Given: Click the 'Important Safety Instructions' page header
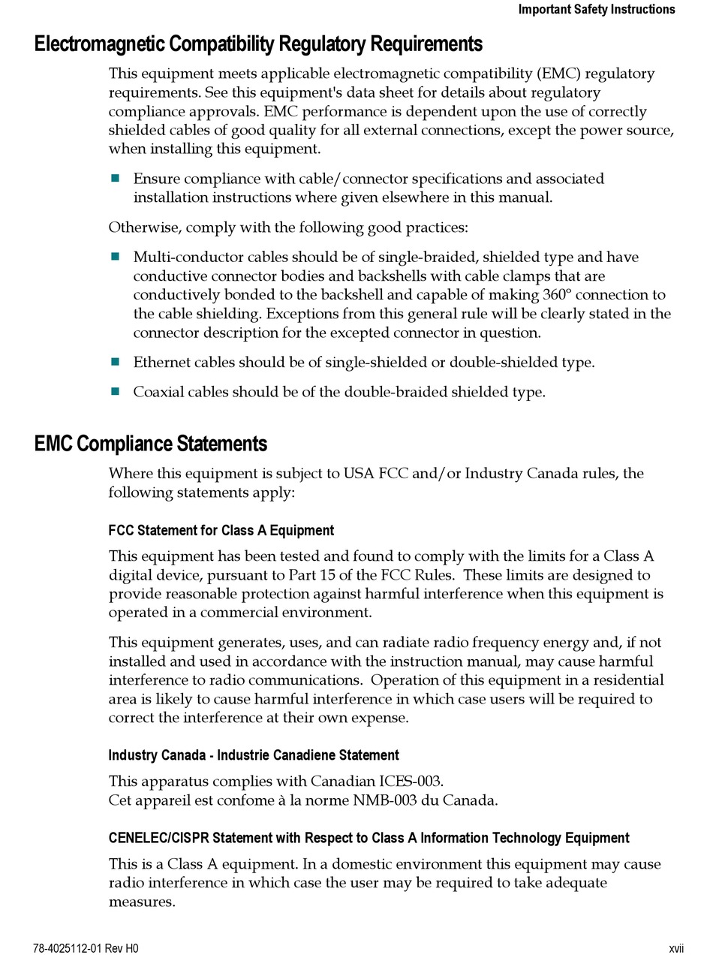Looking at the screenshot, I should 596,10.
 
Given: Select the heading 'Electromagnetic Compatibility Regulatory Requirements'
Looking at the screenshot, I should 258,44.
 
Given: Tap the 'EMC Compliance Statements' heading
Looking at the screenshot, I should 151,444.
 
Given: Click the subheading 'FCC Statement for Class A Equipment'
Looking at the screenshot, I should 221,531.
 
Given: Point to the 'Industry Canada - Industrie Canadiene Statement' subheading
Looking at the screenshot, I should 254,755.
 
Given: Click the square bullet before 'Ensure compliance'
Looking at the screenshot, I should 116,179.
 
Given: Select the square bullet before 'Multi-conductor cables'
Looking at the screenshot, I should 116,257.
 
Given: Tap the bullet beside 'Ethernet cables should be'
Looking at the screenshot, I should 116,362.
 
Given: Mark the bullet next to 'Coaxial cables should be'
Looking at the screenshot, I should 116,391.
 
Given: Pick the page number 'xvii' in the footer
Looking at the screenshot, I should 676,948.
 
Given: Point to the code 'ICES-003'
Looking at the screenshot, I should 413,782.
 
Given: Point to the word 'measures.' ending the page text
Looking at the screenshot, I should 142,902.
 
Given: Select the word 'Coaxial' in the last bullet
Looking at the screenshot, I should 158,392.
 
